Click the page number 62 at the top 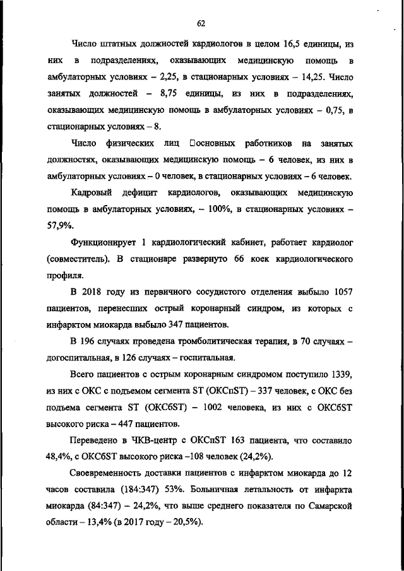click(x=201, y=23)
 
